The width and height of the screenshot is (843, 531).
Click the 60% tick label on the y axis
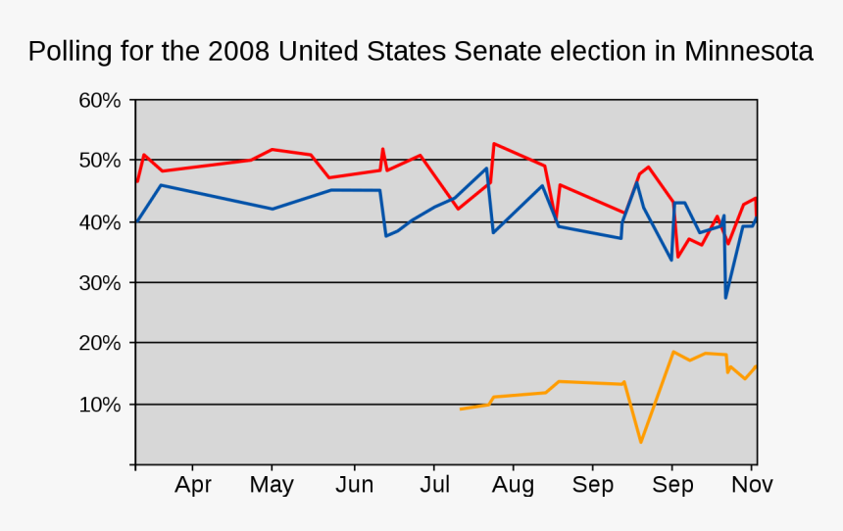click(x=100, y=101)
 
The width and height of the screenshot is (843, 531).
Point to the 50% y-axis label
click(x=100, y=161)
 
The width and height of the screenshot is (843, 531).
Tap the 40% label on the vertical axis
click(x=100, y=222)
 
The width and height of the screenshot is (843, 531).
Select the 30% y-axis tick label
click(x=100, y=283)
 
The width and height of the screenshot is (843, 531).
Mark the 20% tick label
click(x=100, y=344)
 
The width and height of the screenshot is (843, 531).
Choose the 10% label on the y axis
click(x=100, y=405)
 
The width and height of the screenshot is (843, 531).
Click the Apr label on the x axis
click(x=193, y=485)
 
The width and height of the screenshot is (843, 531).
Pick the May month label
click(x=273, y=485)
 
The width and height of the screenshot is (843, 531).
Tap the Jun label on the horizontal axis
click(x=354, y=485)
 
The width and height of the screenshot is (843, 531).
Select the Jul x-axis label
click(x=434, y=485)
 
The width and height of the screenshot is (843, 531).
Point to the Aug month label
click(x=513, y=485)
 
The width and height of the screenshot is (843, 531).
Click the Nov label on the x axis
click(x=753, y=485)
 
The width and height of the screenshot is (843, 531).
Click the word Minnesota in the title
click(x=749, y=51)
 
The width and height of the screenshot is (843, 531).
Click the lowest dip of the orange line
click(x=641, y=443)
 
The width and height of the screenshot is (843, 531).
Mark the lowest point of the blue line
click(x=725, y=298)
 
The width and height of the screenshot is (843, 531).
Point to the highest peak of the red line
click(x=494, y=143)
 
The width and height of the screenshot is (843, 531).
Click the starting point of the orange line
click(x=460, y=410)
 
